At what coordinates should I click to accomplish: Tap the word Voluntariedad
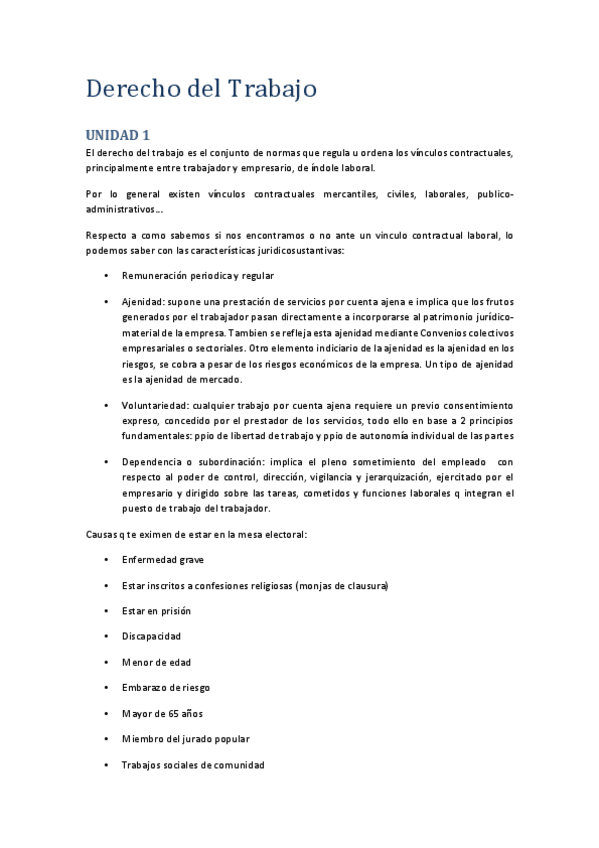coord(154,405)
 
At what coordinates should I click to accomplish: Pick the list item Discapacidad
coord(151,636)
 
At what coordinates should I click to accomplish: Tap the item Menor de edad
coord(156,662)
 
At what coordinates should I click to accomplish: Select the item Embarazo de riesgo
coord(165,687)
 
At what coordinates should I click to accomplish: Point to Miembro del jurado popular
coord(185,739)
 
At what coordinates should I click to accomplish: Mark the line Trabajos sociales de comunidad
coord(192,765)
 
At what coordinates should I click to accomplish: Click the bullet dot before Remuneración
coord(107,275)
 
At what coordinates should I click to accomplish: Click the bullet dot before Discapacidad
coord(107,637)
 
